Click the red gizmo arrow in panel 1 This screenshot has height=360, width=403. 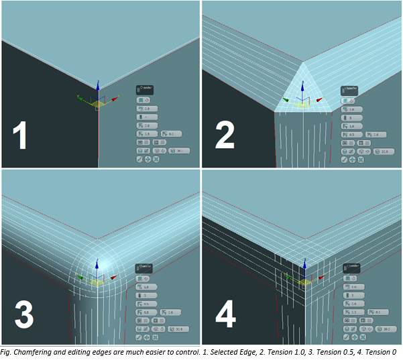[x=114, y=99]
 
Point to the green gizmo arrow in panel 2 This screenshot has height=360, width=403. [x=286, y=101]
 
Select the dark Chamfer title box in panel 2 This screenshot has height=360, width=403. [x=350, y=88]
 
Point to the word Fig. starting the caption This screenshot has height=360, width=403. [x=7, y=353]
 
